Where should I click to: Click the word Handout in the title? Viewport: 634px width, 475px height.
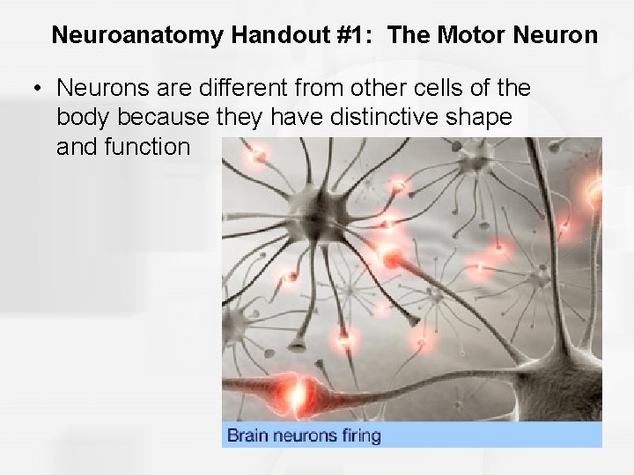pos(268,36)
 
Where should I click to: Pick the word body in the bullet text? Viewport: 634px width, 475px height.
pos(84,117)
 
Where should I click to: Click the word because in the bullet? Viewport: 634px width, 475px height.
pos(165,117)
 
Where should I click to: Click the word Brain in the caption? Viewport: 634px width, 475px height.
pos(249,435)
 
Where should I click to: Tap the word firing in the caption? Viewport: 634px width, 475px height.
pos(358,435)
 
